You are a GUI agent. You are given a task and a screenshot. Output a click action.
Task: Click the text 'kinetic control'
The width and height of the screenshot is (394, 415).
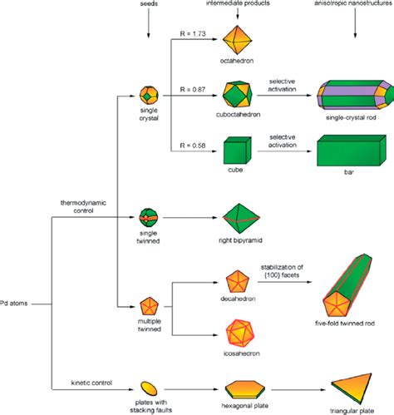pyautogui.click(x=92, y=382)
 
